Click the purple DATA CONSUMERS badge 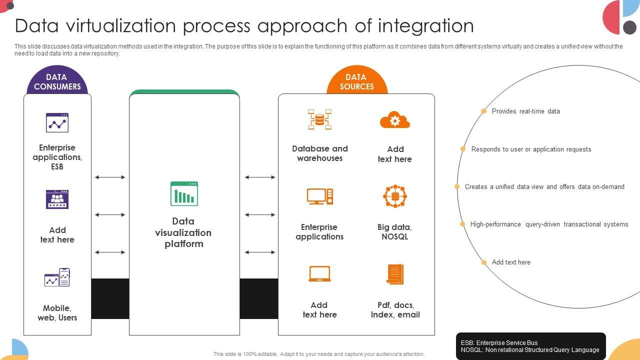[x=57, y=81]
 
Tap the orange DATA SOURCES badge [x=356, y=81]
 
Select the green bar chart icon [x=184, y=193]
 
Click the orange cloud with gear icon [x=395, y=120]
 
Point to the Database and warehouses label [x=320, y=153]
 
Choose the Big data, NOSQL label [x=394, y=232]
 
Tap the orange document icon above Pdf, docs [x=395, y=274]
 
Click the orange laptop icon [x=319, y=274]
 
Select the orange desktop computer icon [x=320, y=196]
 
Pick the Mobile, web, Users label [x=57, y=313]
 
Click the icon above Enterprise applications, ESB [x=57, y=122]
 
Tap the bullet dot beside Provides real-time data [x=483, y=111]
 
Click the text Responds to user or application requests [x=531, y=149]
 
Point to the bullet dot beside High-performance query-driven [x=462, y=224]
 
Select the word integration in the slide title [x=425, y=25]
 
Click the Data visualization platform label [x=183, y=232]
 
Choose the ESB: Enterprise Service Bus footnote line [x=499, y=343]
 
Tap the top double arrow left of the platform [x=110, y=177]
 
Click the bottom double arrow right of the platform [x=260, y=252]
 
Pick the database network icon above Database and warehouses [x=320, y=119]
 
